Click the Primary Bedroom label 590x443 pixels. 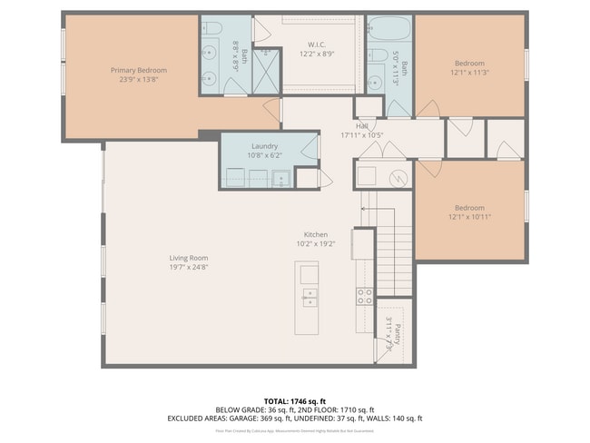(139, 70)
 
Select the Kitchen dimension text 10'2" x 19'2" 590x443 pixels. (316, 244)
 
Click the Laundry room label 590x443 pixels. (264, 145)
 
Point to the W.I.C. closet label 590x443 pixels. (317, 44)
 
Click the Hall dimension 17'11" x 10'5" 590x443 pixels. (362, 135)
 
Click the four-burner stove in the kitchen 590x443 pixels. (363, 295)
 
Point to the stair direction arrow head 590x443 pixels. (363, 208)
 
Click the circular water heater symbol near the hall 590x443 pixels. (397, 177)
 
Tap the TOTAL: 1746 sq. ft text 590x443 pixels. (294, 400)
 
